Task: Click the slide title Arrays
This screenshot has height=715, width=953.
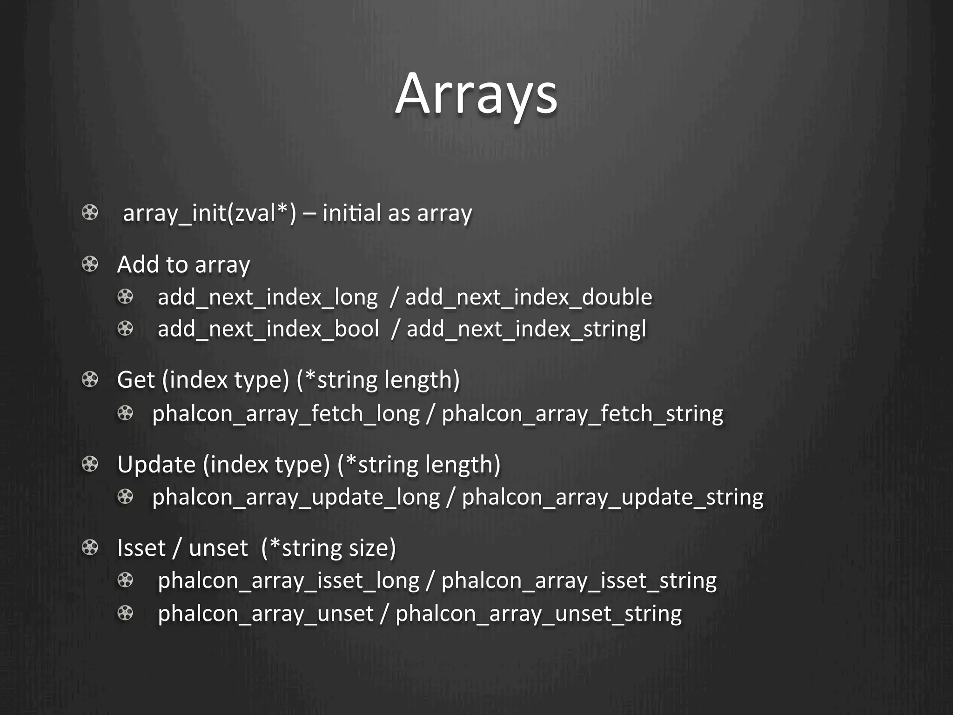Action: [x=476, y=94]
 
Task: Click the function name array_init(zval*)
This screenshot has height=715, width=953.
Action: [x=209, y=213]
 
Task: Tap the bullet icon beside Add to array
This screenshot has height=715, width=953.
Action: [x=90, y=264]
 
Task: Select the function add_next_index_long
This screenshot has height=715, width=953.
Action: [x=268, y=297]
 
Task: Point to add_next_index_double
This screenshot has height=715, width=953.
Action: [x=529, y=297]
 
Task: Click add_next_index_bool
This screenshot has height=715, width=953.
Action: [x=268, y=330]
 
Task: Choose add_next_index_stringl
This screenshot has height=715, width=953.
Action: [x=526, y=330]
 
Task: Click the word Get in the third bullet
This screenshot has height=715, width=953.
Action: [x=135, y=380]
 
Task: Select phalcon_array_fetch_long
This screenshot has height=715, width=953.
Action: [x=286, y=414]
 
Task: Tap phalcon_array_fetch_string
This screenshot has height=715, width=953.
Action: [x=582, y=414]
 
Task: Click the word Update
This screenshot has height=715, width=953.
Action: [x=156, y=465]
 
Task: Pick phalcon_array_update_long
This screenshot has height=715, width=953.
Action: [x=296, y=497]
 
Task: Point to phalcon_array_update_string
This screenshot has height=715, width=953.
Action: [x=612, y=497]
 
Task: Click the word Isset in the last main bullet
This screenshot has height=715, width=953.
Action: [x=141, y=548]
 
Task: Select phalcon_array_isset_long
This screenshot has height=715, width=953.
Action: [x=289, y=581]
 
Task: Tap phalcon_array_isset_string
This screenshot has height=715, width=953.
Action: [x=579, y=581]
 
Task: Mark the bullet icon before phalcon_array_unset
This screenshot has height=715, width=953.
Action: [x=125, y=613]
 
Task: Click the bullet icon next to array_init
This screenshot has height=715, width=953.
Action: [x=90, y=213]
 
